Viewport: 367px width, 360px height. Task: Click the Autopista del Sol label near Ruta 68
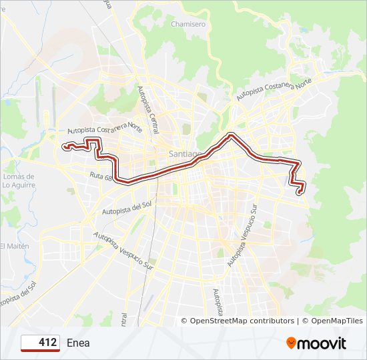(x=127, y=209)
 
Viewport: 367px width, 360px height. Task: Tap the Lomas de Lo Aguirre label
(x=18, y=180)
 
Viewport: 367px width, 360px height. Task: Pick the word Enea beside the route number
(x=78, y=343)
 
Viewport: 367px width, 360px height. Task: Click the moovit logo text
(x=322, y=343)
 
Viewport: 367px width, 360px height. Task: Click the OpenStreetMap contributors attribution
(x=242, y=321)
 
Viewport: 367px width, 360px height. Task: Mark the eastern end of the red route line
(x=299, y=193)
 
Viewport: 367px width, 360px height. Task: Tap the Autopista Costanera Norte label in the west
(x=105, y=129)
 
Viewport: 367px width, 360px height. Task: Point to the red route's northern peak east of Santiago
(x=231, y=135)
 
